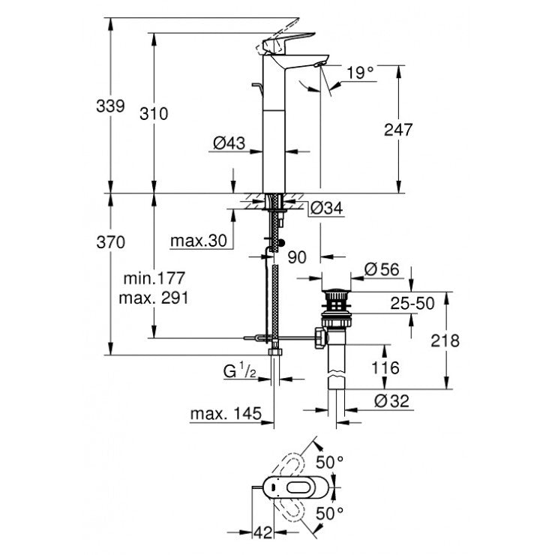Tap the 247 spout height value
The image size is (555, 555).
coord(398,130)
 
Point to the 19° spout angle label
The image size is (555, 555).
coord(359,73)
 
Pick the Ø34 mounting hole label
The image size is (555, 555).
coord(325,208)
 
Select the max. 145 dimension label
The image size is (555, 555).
coord(225,413)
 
